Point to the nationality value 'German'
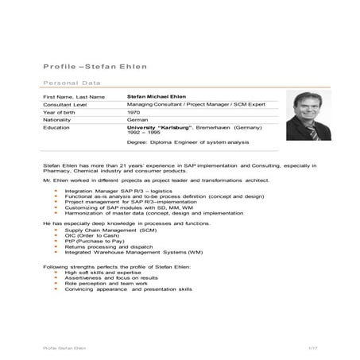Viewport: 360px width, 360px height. point(137,119)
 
